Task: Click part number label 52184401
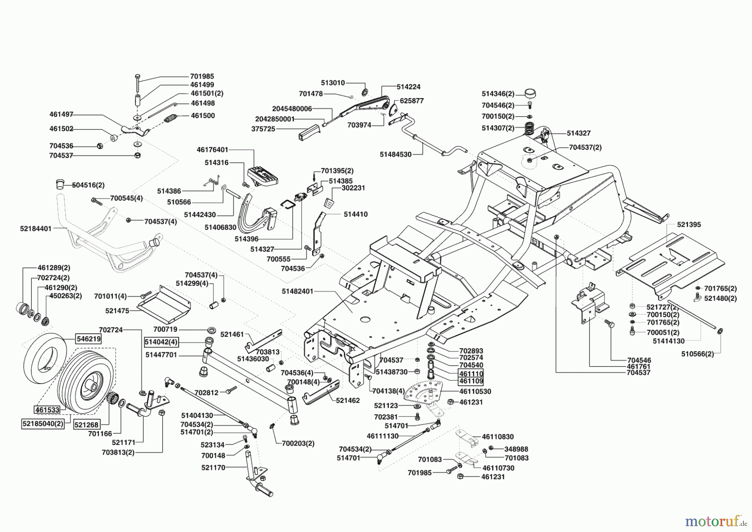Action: click(x=36, y=229)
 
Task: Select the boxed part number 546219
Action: click(x=88, y=339)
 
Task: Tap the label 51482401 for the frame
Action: click(x=298, y=291)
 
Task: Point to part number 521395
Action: click(x=689, y=225)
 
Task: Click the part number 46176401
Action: click(x=212, y=149)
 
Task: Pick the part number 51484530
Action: click(x=396, y=154)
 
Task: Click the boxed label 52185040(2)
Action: click(x=43, y=424)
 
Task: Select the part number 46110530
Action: click(x=475, y=391)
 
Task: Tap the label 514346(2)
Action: click(x=498, y=94)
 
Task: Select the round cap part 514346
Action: click(x=529, y=92)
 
